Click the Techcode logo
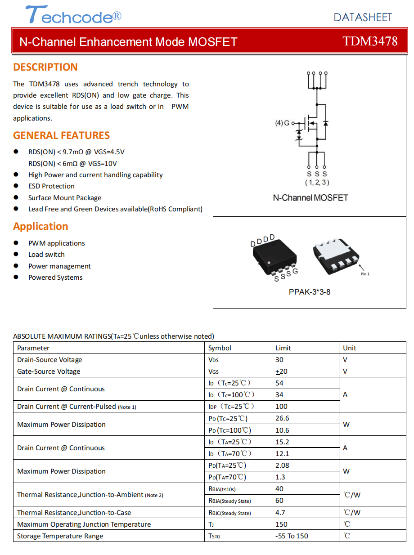click(x=73, y=15)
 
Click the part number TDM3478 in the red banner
click(x=370, y=41)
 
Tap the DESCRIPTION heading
click(x=45, y=67)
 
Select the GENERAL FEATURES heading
click(x=61, y=135)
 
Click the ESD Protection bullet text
click(x=51, y=186)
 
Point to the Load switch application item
click(x=46, y=255)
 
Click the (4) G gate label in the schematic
click(x=283, y=123)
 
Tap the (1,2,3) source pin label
click(x=317, y=182)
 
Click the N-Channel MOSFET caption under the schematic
click(x=310, y=197)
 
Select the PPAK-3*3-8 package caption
click(x=310, y=292)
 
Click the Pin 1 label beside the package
click(x=365, y=274)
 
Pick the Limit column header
click(x=283, y=348)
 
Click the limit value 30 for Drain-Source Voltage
click(x=279, y=359)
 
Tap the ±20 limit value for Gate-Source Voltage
click(x=282, y=371)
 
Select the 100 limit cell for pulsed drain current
click(x=281, y=406)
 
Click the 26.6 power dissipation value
click(x=282, y=418)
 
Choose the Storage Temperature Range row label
click(x=60, y=536)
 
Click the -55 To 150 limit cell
click(x=292, y=536)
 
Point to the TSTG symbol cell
click(x=214, y=536)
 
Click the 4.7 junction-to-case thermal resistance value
click(x=280, y=512)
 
